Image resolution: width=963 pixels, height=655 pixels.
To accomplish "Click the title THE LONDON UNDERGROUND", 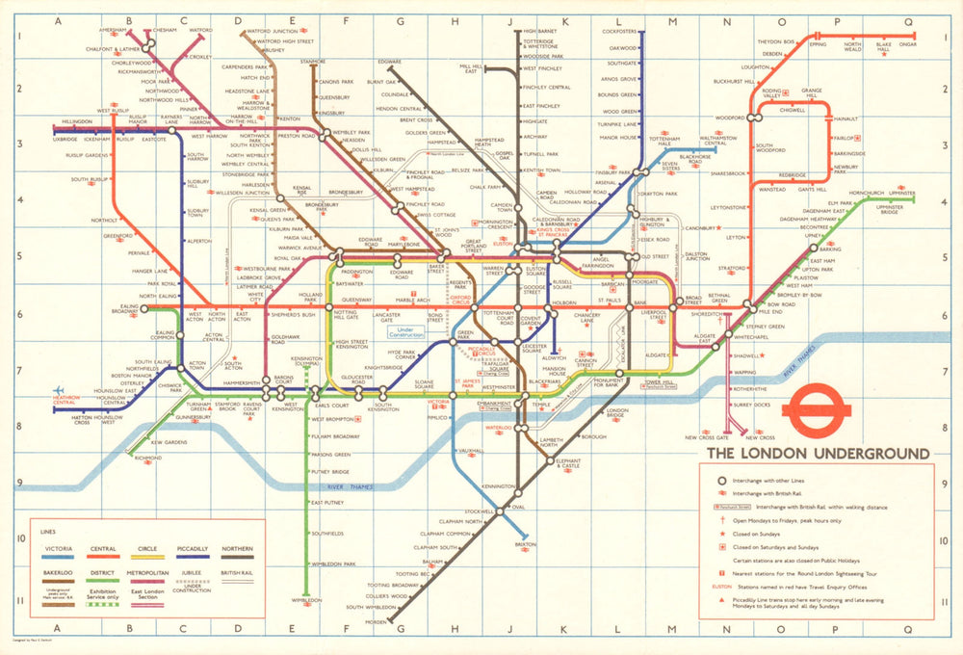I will point(819,454).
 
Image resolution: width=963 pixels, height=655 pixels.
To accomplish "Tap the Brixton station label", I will point(525,544).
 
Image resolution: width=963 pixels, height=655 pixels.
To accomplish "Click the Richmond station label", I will point(148,458).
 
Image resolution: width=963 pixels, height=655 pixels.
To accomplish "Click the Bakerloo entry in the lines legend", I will point(60,572).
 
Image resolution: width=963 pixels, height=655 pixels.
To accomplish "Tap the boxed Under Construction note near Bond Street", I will point(404,332).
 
